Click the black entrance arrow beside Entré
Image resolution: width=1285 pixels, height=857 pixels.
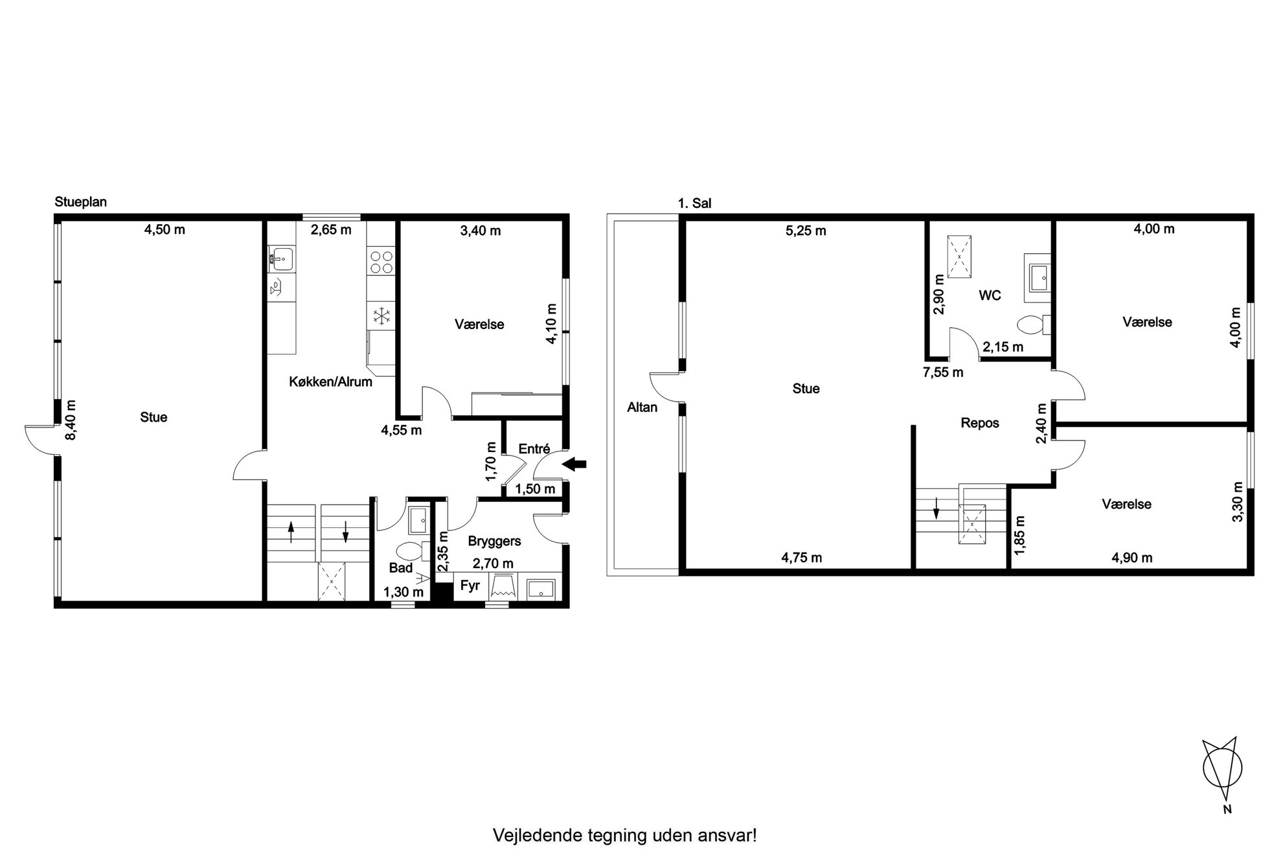click(574, 464)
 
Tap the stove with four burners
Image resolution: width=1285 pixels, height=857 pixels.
click(381, 262)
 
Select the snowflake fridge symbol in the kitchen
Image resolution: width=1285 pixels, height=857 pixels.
click(381, 315)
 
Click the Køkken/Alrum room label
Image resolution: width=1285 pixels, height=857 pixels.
click(330, 382)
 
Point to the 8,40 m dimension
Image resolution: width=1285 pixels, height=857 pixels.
click(71, 420)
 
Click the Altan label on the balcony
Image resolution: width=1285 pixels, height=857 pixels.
click(642, 407)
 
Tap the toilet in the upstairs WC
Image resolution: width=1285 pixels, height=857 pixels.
click(1032, 325)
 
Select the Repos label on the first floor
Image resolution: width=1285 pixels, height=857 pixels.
click(979, 424)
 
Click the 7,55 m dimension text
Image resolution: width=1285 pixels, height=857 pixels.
click(943, 372)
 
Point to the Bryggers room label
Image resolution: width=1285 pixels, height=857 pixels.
click(494, 541)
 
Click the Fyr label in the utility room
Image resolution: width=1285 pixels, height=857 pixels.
click(470, 586)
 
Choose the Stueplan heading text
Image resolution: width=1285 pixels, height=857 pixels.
click(81, 202)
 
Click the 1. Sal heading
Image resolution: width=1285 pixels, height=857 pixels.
click(694, 203)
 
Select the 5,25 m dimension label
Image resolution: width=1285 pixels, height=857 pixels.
click(806, 231)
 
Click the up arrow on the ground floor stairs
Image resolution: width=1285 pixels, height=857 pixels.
click(291, 532)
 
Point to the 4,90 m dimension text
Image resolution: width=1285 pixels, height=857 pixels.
click(1132, 558)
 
